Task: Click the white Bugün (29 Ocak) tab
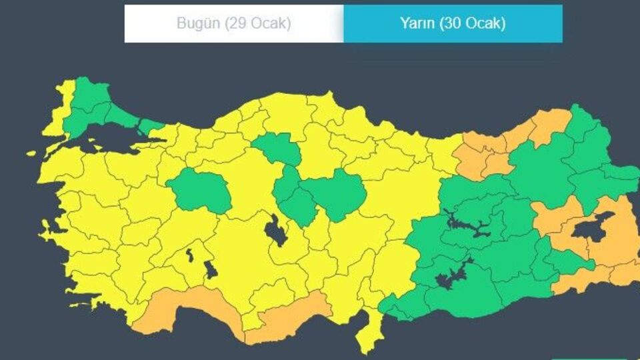pyautogui.click(x=233, y=23)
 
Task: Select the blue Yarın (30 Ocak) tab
pyautogui.click(x=453, y=23)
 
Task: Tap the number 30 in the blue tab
pyautogui.click(x=450, y=23)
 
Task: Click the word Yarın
pyautogui.click(x=418, y=23)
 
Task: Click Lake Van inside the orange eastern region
pyautogui.click(x=592, y=227)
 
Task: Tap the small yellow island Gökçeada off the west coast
pyautogui.click(x=31, y=153)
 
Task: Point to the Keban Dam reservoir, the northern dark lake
pyautogui.click(x=467, y=223)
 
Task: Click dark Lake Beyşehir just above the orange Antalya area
pyautogui.click(x=211, y=270)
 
